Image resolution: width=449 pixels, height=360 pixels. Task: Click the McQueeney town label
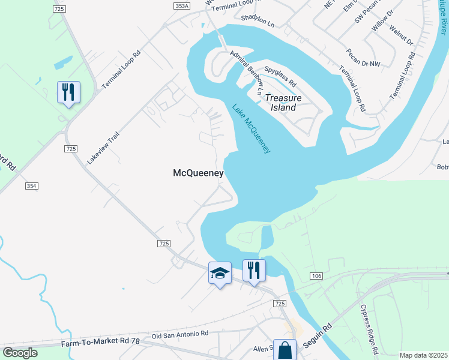pos(198,173)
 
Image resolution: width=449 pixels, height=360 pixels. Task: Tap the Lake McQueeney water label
pos(251,128)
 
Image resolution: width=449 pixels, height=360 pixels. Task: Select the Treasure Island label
pos(283,103)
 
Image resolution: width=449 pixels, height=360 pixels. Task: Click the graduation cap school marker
pos(220,274)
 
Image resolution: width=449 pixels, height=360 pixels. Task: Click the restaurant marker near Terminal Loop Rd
pos(68,92)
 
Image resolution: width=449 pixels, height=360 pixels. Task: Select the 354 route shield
pos(32,187)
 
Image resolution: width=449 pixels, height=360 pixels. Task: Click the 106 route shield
pos(316,275)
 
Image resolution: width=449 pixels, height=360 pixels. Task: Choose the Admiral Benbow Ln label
pos(247,73)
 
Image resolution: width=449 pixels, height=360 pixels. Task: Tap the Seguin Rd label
pos(322,337)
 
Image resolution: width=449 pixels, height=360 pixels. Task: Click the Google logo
pos(20,353)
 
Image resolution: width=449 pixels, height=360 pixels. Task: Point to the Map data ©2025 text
pos(423,355)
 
